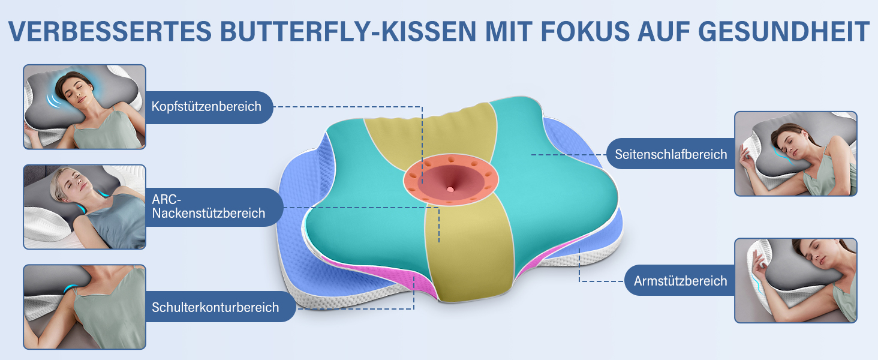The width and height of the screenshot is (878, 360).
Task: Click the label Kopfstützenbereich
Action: click(x=206, y=107)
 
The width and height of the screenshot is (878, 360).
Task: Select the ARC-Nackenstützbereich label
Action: click(x=208, y=206)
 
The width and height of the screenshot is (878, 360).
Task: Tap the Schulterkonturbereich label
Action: click(x=215, y=307)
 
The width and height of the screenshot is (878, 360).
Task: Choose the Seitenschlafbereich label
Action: click(x=670, y=154)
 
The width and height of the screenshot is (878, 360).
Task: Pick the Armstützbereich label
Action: click(x=680, y=281)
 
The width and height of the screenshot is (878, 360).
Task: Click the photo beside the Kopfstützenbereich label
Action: click(x=85, y=107)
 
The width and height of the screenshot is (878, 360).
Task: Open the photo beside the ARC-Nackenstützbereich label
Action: click(x=85, y=207)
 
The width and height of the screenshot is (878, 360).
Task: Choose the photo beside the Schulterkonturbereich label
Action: click(x=85, y=307)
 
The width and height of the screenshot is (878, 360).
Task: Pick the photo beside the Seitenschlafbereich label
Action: click(x=796, y=154)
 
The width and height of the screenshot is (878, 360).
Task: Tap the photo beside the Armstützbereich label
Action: click(x=796, y=280)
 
